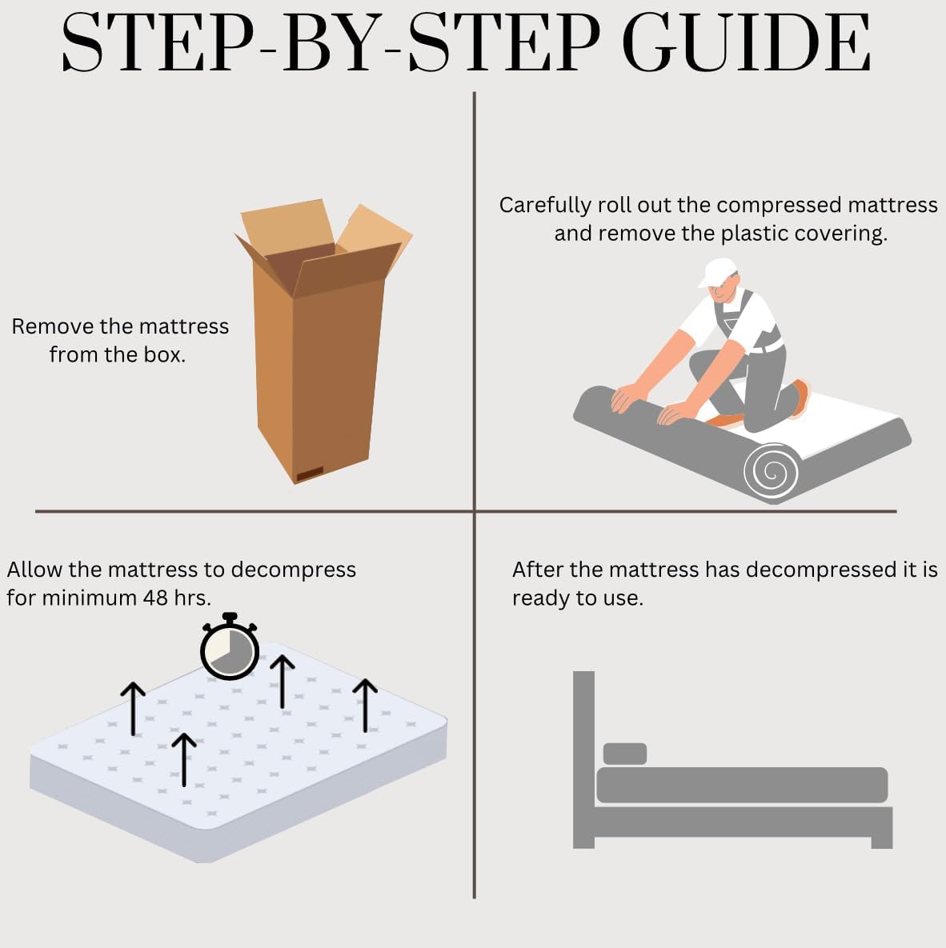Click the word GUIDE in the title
click(747, 42)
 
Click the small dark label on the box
click(310, 474)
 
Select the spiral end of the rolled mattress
click(772, 471)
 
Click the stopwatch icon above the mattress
click(230, 647)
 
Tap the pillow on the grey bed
click(625, 754)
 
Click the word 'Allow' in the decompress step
click(34, 570)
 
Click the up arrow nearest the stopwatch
click(282, 682)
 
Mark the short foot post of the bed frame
click(882, 842)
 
